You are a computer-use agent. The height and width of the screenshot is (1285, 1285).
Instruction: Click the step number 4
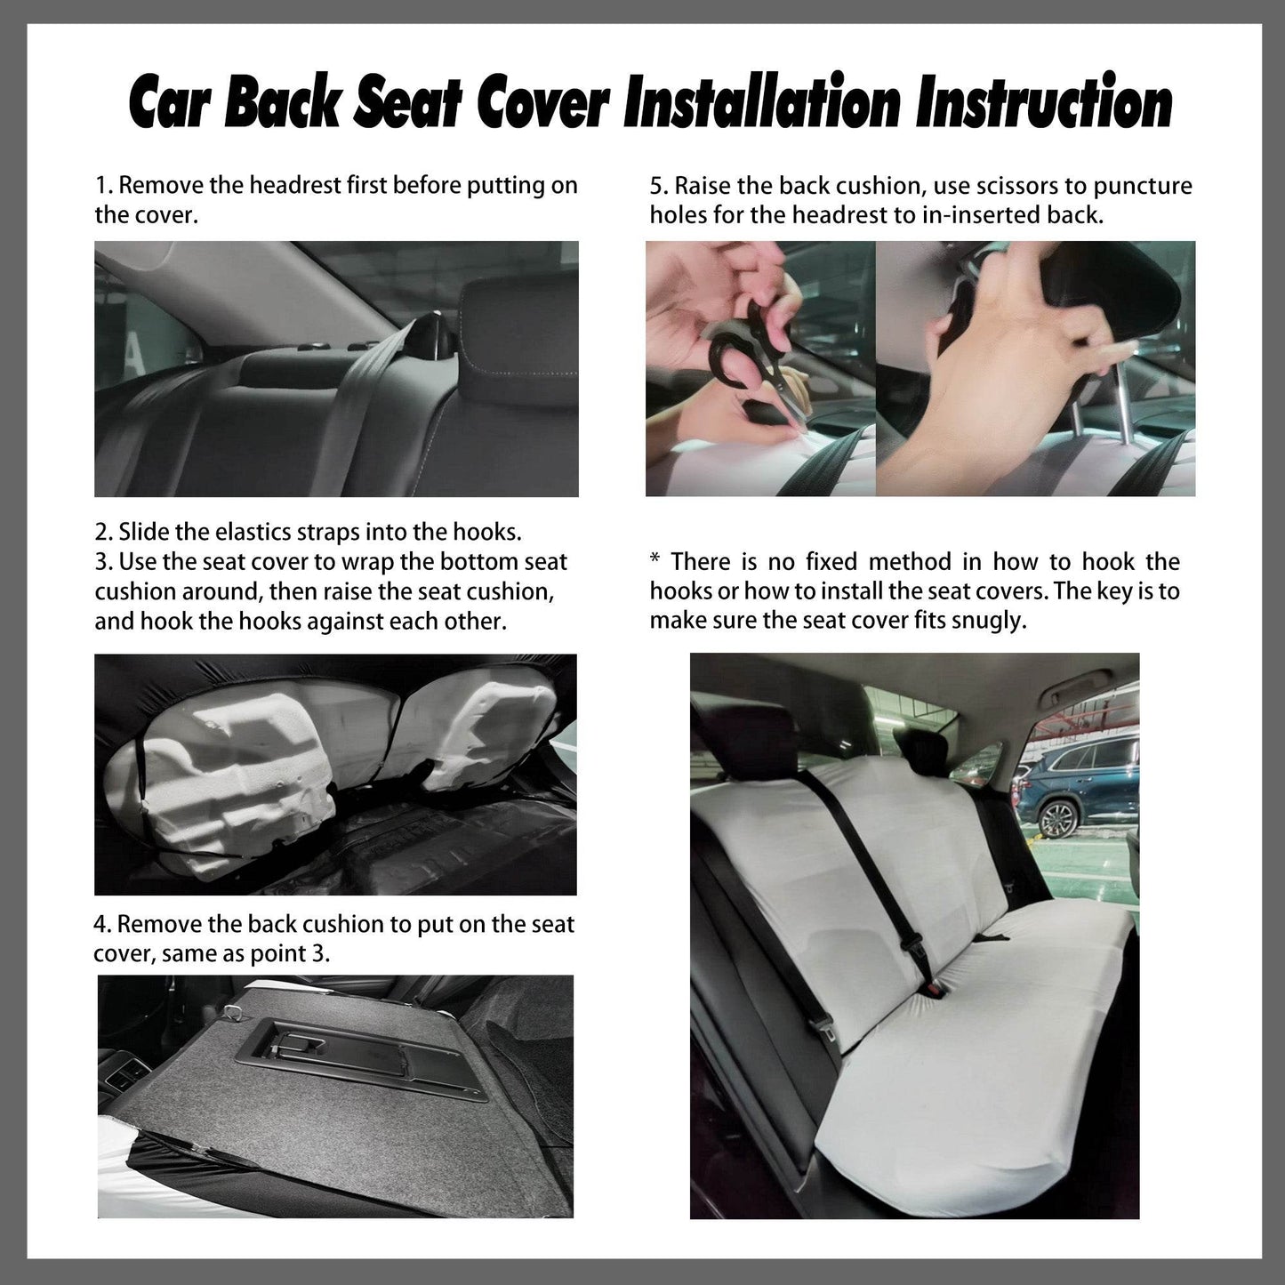point(101,925)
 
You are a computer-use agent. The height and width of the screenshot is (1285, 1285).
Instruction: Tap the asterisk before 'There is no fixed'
point(655,560)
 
